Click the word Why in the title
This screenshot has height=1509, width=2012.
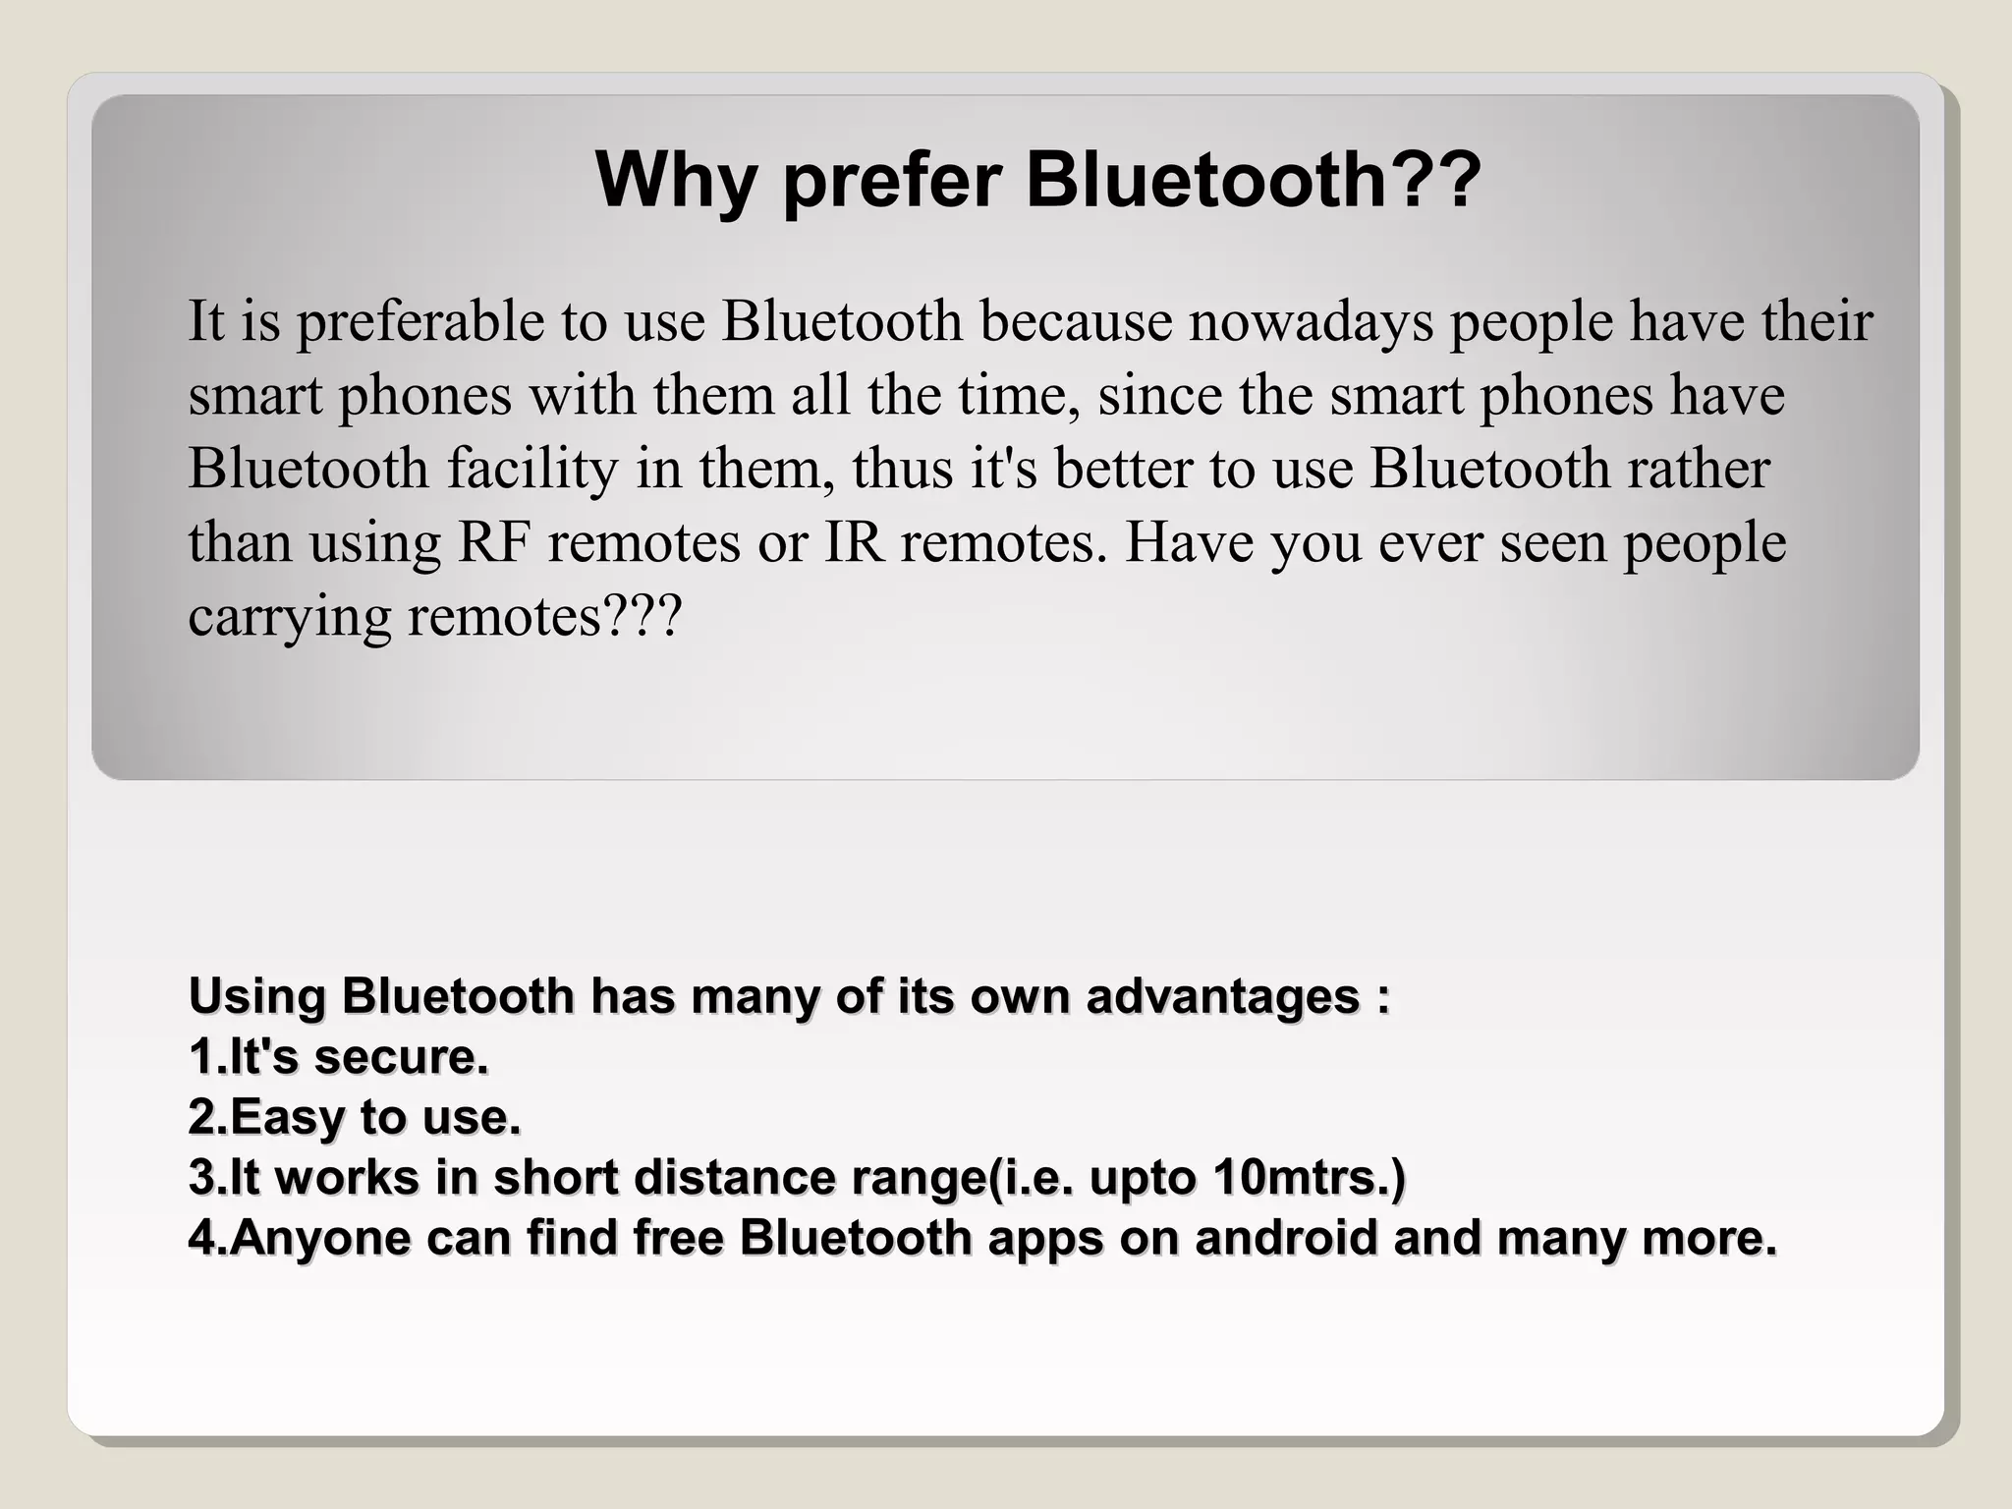675,181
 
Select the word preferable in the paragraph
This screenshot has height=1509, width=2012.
420,322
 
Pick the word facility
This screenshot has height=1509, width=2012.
532,469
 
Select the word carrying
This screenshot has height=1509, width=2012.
289,618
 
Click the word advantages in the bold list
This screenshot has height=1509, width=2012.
1222,996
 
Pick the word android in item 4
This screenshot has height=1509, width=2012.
1285,1238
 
